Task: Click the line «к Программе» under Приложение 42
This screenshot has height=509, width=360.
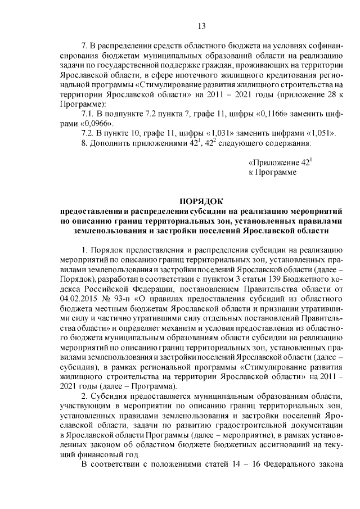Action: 272,172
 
